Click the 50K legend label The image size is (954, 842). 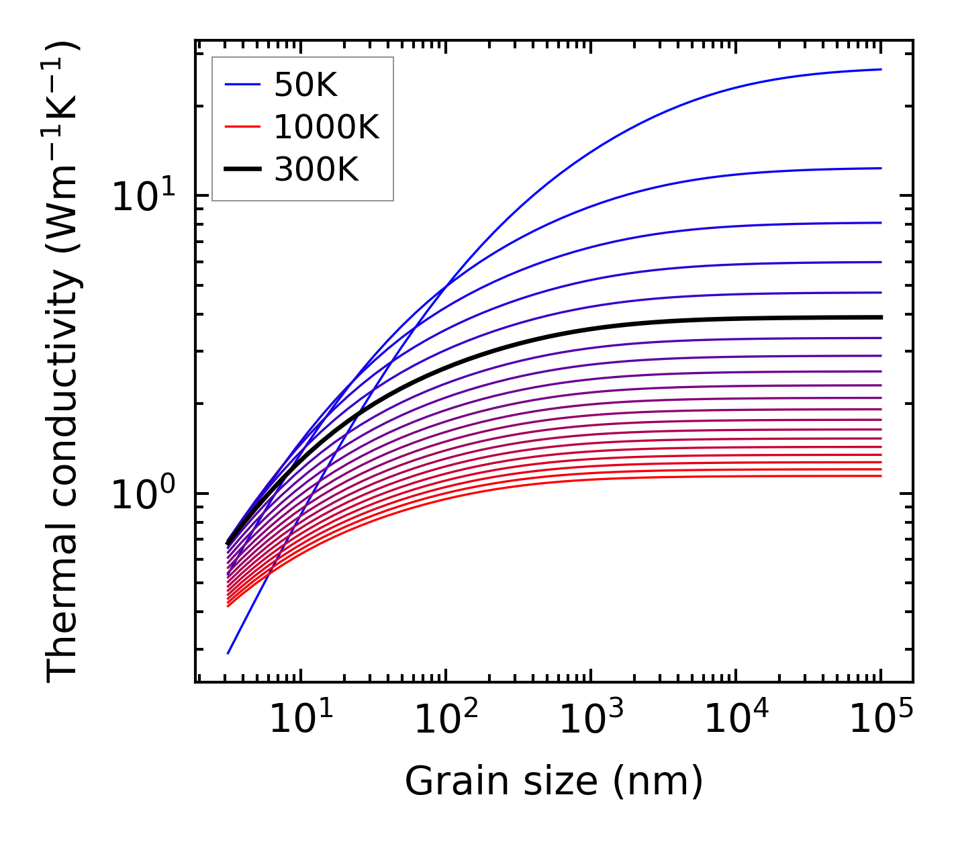[305, 85]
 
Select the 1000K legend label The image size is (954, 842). [326, 127]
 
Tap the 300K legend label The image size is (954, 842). [316, 170]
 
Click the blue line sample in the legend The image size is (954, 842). [242, 85]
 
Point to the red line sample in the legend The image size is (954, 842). [242, 127]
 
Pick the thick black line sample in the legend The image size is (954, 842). [242, 170]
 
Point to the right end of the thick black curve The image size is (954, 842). [881, 317]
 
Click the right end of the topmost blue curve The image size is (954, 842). [881, 69]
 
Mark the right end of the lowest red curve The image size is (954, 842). [881, 476]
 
